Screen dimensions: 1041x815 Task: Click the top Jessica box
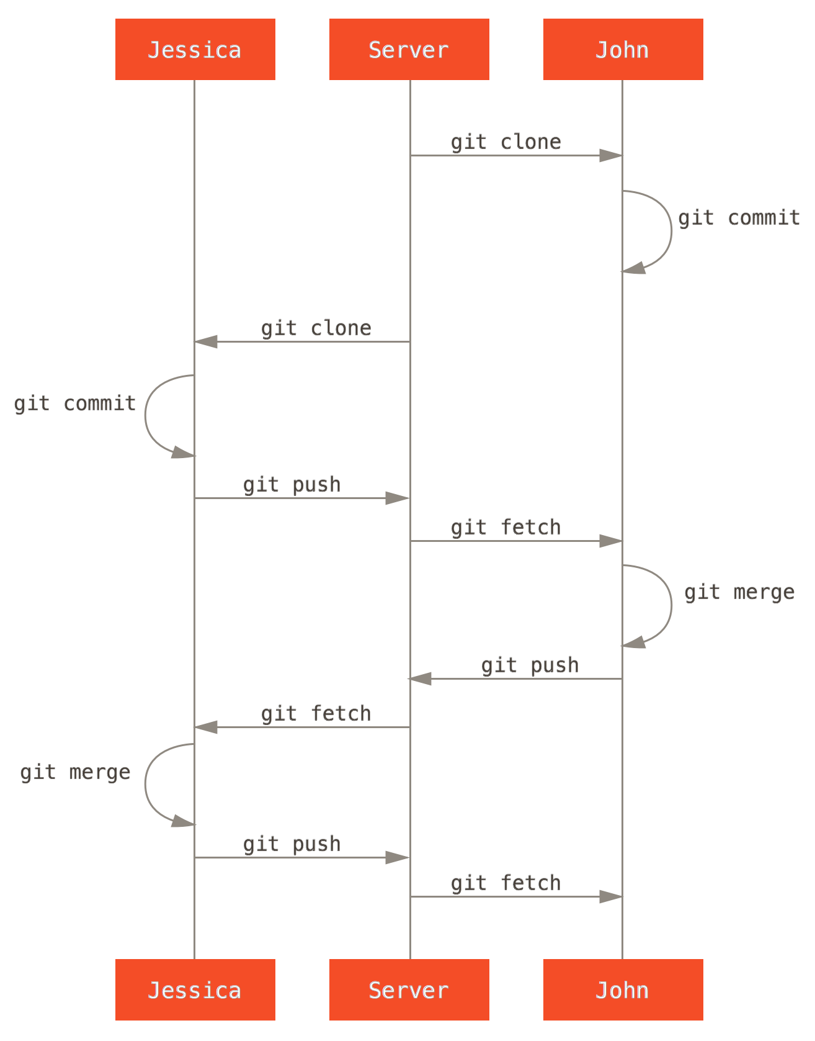(195, 50)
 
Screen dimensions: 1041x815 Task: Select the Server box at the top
(409, 50)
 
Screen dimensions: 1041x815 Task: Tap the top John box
(623, 50)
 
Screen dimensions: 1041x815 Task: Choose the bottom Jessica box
(195, 989)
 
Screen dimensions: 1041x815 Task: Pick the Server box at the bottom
(409, 989)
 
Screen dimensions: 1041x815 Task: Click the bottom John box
(623, 989)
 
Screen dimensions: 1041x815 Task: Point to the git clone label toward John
(505, 142)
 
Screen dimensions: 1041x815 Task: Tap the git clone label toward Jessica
(316, 328)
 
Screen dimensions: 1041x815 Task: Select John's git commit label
(739, 218)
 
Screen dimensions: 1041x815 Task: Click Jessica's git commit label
(75, 404)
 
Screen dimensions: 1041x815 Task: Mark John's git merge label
(739, 592)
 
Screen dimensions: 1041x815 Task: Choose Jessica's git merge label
(75, 773)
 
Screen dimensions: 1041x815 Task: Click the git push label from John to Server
(530, 665)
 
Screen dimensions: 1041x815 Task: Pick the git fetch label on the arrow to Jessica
(316, 714)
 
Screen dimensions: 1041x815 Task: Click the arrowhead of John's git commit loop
(634, 268)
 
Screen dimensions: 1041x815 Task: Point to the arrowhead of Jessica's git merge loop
(183, 821)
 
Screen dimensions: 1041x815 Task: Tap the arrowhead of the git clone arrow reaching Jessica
(206, 341)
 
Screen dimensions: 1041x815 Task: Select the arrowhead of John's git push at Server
(420, 678)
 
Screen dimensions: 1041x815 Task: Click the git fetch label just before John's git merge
(505, 528)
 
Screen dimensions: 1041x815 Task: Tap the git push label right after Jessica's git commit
(292, 485)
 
